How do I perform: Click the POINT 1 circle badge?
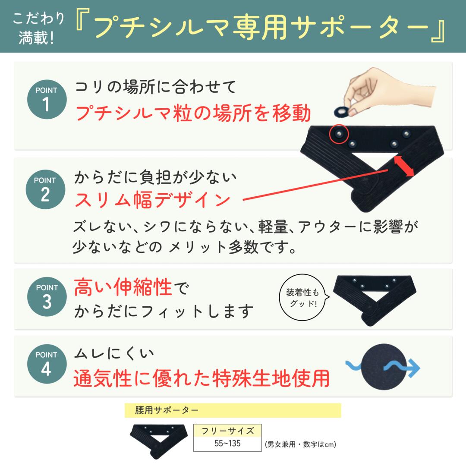coord(46,99)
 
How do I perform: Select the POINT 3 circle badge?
coord(46,296)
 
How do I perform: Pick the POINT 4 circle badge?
coord(46,363)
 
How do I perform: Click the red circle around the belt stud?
coord(339,134)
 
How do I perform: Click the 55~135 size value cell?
coord(227,444)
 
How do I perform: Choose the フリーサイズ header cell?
coord(227,431)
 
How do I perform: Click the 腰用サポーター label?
coord(167,410)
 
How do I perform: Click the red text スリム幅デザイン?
coord(152,200)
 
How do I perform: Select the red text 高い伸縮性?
coord(123,288)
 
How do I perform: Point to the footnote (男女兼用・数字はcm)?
coord(300,444)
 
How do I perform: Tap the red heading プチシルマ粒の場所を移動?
coord(193,113)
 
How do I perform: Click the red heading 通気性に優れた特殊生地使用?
coord(201,378)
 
